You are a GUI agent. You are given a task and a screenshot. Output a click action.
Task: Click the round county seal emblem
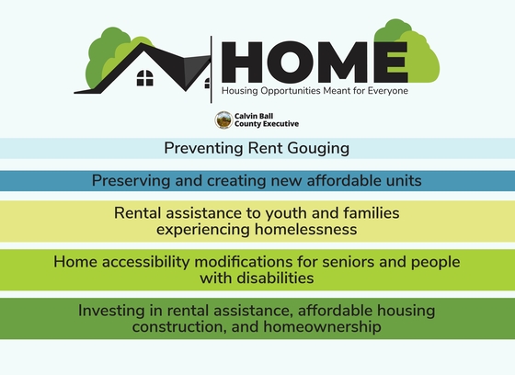pyautogui.click(x=223, y=119)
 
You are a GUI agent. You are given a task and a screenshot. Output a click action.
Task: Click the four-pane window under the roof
pyautogui.click(x=145, y=78)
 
